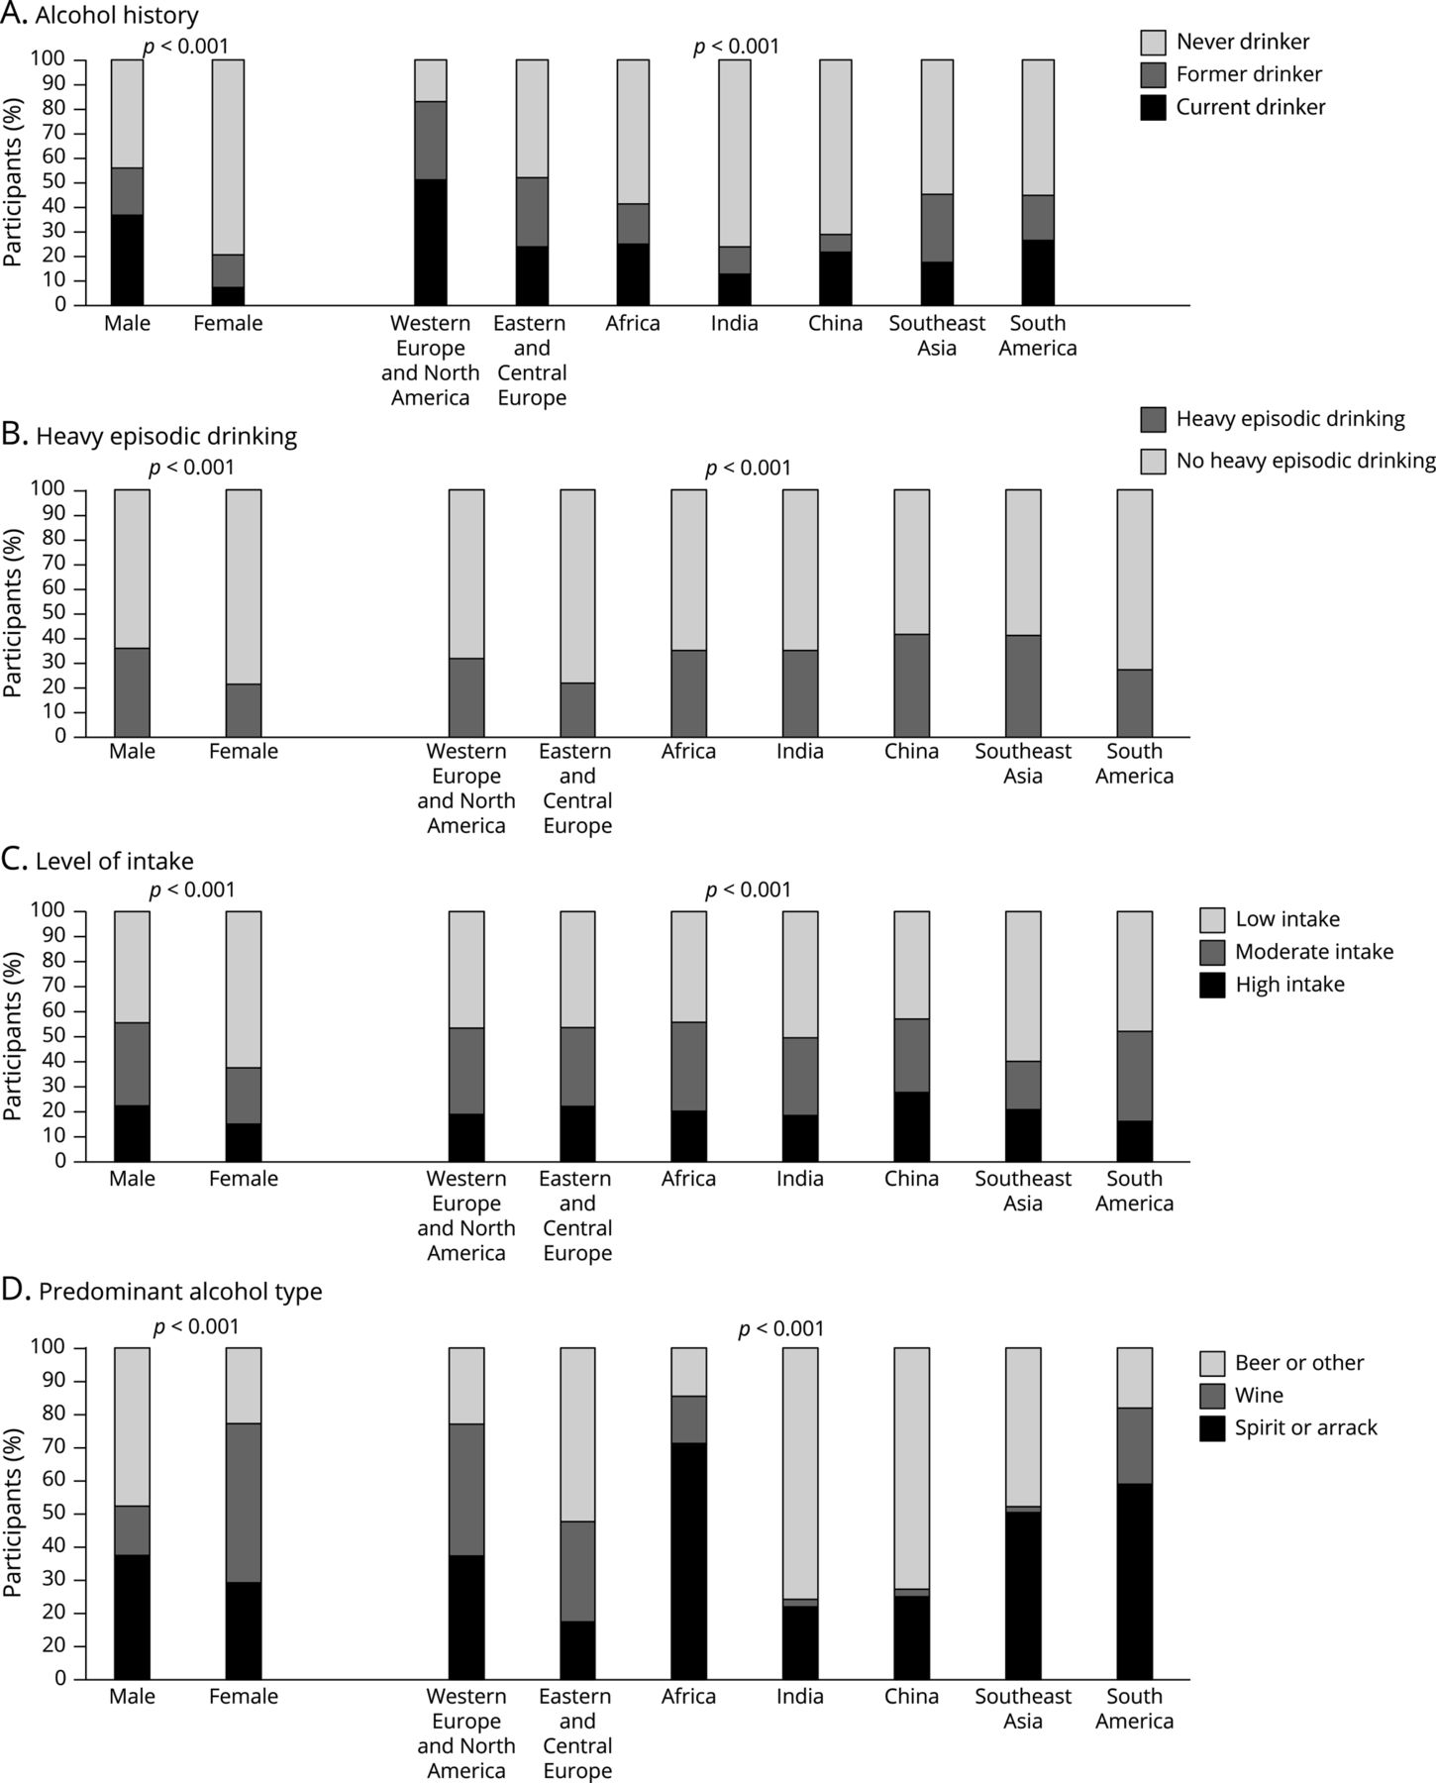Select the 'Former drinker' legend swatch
point(1153,74)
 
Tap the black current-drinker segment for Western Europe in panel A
point(430,242)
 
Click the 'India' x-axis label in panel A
point(735,323)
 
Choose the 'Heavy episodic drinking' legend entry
point(1289,419)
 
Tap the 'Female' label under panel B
point(244,751)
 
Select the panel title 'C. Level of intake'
point(97,861)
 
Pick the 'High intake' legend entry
point(1289,985)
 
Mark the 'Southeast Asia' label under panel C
point(1023,1191)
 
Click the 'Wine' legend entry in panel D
point(1258,1395)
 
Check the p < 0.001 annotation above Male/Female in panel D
point(195,1326)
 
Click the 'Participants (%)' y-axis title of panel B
point(13,611)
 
